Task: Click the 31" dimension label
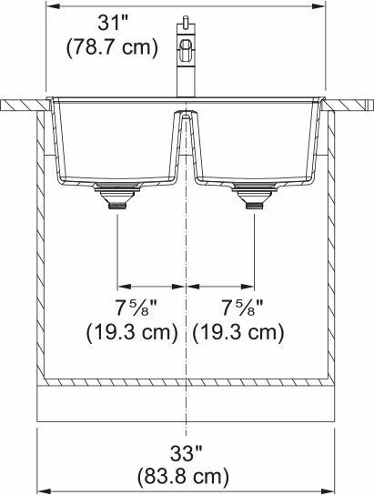(x=112, y=23)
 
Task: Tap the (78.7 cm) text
(x=112, y=47)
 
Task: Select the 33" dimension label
(x=187, y=453)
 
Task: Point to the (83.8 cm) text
(x=183, y=477)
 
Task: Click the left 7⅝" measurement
(x=136, y=308)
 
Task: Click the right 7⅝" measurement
(x=242, y=308)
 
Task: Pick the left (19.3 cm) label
(x=133, y=332)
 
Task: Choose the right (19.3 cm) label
(x=238, y=332)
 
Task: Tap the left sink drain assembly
(x=118, y=195)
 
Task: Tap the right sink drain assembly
(x=255, y=195)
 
